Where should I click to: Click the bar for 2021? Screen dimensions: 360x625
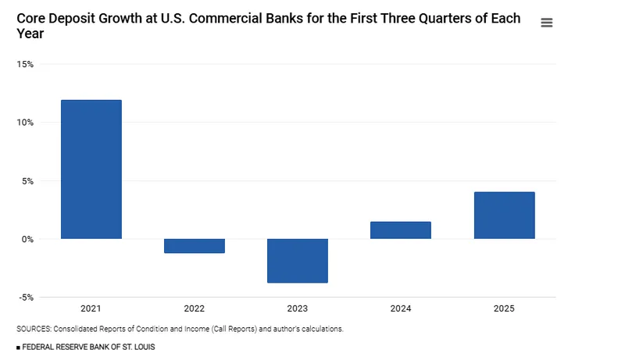(x=91, y=169)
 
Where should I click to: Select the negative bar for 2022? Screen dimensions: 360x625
(x=195, y=246)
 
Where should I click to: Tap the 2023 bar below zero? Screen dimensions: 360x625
(x=298, y=261)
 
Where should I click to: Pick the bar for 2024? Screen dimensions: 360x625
(x=401, y=230)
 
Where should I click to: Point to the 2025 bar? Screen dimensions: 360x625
(x=504, y=216)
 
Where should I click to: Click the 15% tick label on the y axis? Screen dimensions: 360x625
(x=25, y=64)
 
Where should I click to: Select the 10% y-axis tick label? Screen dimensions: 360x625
(x=25, y=123)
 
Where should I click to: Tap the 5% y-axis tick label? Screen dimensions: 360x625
(x=27, y=181)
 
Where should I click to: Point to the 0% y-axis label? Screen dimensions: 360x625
(x=27, y=239)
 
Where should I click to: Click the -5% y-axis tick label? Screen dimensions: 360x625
(x=26, y=298)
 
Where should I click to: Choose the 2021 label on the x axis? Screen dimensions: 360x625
(x=91, y=309)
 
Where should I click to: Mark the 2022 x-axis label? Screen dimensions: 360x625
(x=195, y=309)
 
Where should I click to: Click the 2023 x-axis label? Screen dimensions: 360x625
(x=298, y=309)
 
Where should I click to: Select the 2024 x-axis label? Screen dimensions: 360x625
(x=401, y=309)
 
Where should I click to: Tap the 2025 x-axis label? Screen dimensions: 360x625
(x=504, y=309)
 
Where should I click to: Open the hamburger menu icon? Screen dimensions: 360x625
(x=547, y=23)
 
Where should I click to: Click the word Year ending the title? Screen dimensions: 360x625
(x=30, y=34)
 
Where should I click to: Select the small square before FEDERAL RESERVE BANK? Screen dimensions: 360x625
(x=18, y=348)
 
